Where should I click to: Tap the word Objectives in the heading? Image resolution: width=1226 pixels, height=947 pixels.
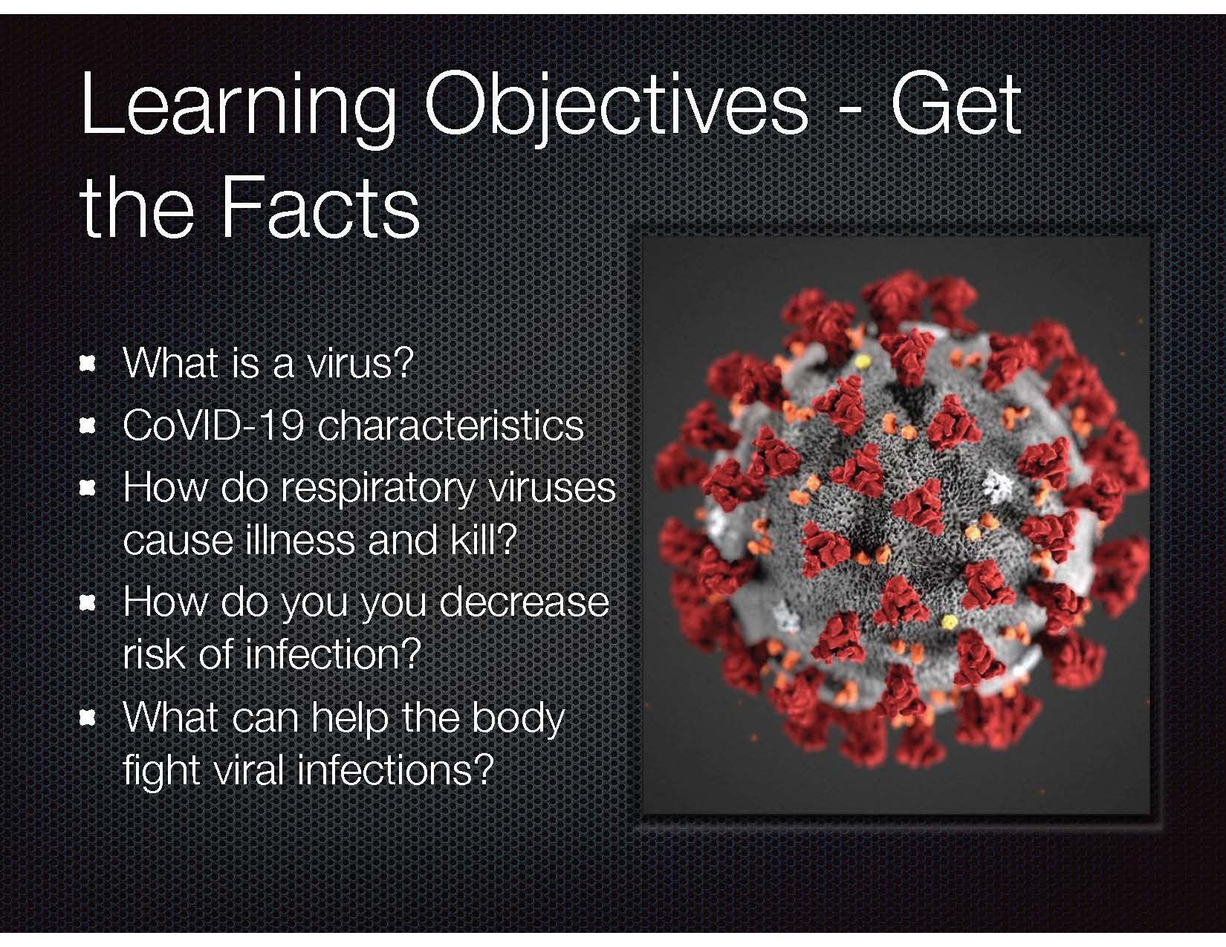pyautogui.click(x=616, y=108)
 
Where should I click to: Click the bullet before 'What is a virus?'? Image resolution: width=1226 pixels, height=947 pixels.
pyautogui.click(x=86, y=364)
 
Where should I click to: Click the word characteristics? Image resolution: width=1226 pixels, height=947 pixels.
pyautogui.click(x=451, y=426)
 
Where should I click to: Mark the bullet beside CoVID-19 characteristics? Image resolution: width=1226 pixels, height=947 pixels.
pyautogui.click(x=86, y=426)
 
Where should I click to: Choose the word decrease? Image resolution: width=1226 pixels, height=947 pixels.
pyautogui.click(x=524, y=602)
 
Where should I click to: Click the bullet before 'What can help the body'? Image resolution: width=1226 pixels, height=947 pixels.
pyautogui.click(x=86, y=718)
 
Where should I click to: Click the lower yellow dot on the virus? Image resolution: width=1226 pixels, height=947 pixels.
pyautogui.click(x=950, y=622)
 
